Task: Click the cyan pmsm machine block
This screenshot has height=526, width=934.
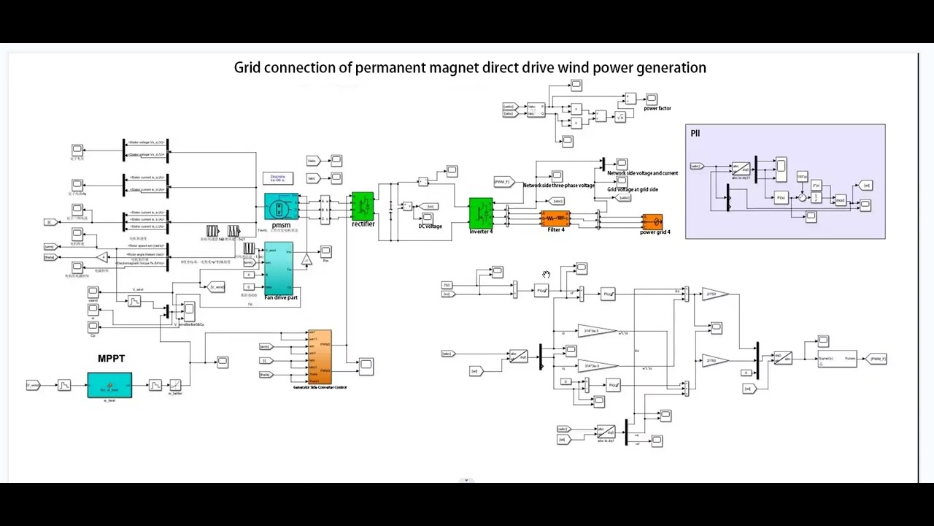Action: click(x=281, y=209)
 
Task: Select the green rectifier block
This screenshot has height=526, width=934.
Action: click(x=362, y=207)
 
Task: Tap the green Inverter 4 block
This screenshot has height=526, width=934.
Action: click(x=480, y=213)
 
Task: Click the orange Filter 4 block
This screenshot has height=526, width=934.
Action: click(x=555, y=218)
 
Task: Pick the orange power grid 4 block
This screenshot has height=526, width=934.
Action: click(x=652, y=221)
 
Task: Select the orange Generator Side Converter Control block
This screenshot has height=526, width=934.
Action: click(x=320, y=357)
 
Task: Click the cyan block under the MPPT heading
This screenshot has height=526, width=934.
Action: click(x=109, y=385)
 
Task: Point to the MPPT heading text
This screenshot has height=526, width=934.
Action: click(x=111, y=359)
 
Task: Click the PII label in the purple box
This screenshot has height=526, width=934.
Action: click(x=695, y=133)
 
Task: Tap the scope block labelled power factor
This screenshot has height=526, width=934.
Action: click(x=652, y=99)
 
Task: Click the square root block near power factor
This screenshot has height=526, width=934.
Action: click(x=620, y=116)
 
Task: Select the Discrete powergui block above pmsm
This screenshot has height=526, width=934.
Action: click(x=278, y=178)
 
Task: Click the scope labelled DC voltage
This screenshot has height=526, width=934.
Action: click(x=428, y=217)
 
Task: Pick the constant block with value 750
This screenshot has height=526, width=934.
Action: click(x=447, y=285)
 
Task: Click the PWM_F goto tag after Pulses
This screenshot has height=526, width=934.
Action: click(x=874, y=359)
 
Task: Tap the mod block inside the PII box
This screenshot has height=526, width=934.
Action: click(x=841, y=199)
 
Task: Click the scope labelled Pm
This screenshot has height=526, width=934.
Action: click(x=325, y=251)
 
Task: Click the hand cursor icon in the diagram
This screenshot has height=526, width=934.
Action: click(x=546, y=275)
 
